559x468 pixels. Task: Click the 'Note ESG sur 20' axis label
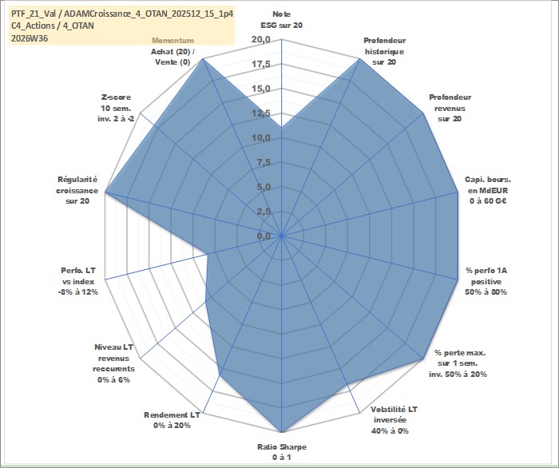[x=282, y=20]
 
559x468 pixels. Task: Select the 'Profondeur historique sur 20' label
[x=384, y=51]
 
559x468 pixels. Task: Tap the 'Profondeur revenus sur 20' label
[x=450, y=108]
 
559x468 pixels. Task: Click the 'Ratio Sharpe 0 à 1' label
[x=282, y=452]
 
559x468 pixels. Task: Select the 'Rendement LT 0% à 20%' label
[x=172, y=420]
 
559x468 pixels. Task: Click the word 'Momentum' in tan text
[x=173, y=40]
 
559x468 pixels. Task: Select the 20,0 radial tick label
[x=261, y=40]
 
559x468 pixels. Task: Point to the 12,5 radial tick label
[x=261, y=113]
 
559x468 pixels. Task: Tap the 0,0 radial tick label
[x=263, y=236]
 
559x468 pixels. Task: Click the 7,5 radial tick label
[x=263, y=163]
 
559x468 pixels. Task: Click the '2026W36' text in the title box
[x=30, y=38]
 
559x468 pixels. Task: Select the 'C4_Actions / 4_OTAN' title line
[x=53, y=26]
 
